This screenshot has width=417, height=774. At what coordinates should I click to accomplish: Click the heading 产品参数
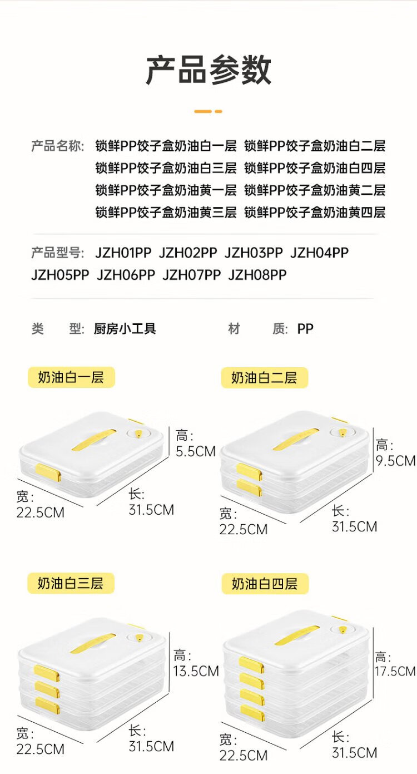[209, 71]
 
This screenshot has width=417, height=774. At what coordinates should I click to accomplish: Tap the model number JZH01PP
[123, 253]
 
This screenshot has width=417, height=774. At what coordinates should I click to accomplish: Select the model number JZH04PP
[319, 253]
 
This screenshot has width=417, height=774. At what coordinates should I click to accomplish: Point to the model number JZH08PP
[257, 275]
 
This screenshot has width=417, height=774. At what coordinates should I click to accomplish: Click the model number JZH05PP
[60, 275]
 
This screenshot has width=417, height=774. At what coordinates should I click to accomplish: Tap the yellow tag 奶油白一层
[71, 377]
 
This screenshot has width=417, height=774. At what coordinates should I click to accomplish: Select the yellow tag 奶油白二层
[264, 378]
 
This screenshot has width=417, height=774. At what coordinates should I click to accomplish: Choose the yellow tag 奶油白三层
[71, 584]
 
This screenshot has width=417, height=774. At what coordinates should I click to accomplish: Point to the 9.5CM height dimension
[395, 460]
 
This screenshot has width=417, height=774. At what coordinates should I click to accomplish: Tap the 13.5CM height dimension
[196, 671]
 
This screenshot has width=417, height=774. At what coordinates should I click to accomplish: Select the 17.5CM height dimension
[395, 671]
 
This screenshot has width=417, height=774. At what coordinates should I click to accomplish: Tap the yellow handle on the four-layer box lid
[297, 635]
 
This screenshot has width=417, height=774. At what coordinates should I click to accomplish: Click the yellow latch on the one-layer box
[48, 473]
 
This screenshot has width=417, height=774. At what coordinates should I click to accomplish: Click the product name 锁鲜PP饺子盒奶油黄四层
[315, 212]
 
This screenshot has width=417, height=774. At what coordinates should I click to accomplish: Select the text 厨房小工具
[125, 329]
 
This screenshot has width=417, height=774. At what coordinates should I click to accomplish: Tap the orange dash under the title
[208, 111]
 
